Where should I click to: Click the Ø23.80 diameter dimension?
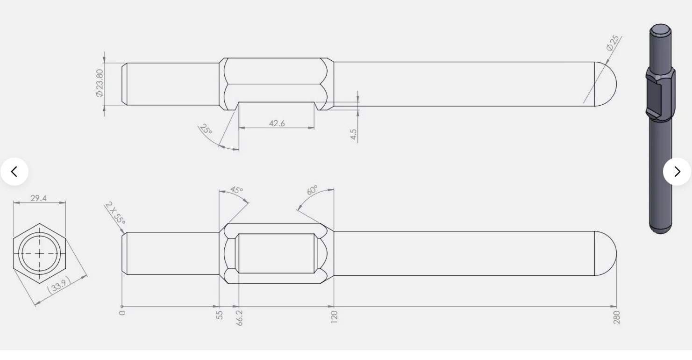pos(99,83)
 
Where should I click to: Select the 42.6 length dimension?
pos(277,123)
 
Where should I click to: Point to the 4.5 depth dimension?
pos(353,134)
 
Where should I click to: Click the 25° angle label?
pos(206,129)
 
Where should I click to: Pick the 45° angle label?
pos(236,190)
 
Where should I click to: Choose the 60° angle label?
pos(312,190)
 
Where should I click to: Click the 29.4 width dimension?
pos(39,198)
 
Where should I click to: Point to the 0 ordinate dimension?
pos(122,313)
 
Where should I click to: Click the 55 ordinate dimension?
pos(220,315)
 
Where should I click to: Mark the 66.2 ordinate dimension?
pos(239,317)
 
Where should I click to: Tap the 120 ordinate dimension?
pos(334,317)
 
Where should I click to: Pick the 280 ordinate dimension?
pos(616,317)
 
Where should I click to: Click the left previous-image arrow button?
pos(14,172)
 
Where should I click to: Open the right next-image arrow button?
pos(677,172)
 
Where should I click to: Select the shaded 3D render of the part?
pos(661,129)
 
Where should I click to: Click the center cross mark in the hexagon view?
pos(40,253)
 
